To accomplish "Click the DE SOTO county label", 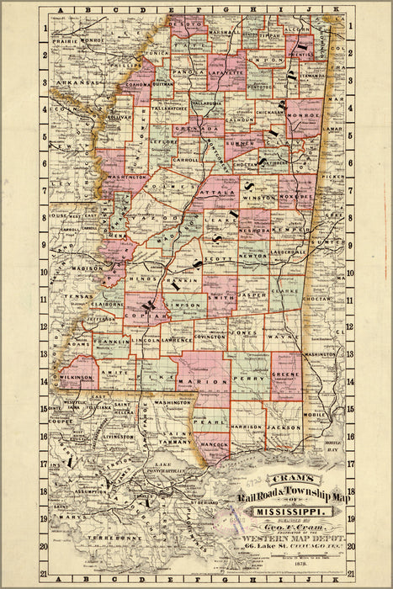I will coord(186,25).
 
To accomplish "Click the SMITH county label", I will coord(220,298).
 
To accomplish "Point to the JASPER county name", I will coord(252,296).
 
